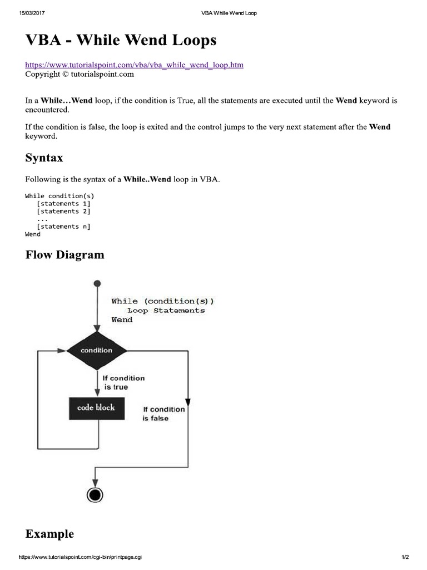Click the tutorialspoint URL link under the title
[134, 65]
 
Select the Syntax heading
[44, 158]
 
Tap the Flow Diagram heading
[64, 255]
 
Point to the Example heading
[49, 534]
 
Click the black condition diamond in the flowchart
[97, 350]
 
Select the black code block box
[96, 408]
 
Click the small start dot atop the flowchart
[97, 284]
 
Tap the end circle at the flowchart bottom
[96, 494]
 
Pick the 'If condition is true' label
[123, 382]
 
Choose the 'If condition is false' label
[163, 414]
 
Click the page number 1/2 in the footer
[405, 557]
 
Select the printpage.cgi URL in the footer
[80, 557]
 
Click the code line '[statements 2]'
[63, 212]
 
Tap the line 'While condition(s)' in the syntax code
[59, 196]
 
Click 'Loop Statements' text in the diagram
[166, 311]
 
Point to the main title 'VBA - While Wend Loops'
[121, 41]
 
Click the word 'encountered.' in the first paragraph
[47, 110]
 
